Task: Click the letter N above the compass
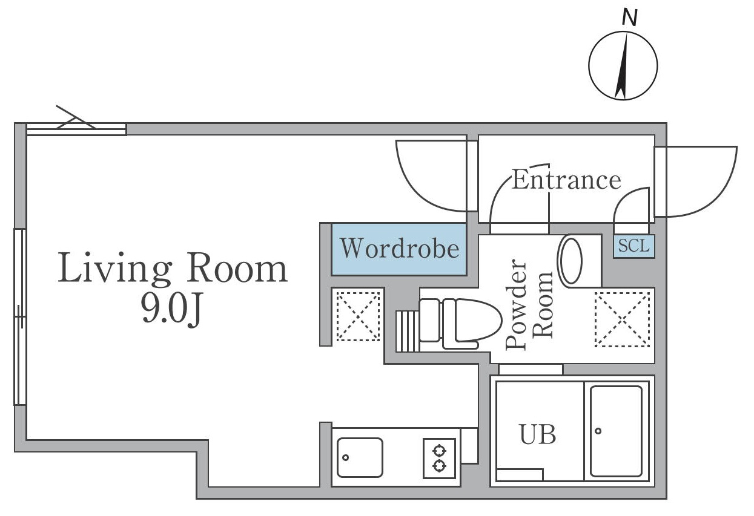629,18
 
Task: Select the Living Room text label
173,268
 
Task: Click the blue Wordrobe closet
399,249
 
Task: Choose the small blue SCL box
634,246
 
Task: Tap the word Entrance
566,180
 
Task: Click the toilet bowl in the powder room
478,319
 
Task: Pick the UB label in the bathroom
538,434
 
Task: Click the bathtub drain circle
598,431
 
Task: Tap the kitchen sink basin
360,457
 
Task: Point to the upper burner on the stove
440,451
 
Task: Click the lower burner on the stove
440,466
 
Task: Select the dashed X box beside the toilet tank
358,316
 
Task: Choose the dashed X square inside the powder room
622,319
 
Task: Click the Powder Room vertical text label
529,304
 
